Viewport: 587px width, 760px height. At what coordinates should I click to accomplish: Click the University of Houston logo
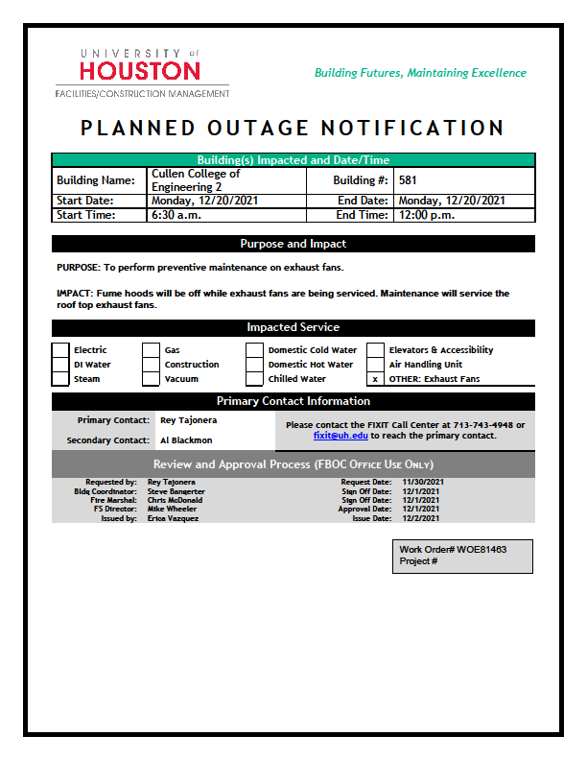(x=141, y=71)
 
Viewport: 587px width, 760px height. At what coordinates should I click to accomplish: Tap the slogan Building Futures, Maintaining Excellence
(x=420, y=73)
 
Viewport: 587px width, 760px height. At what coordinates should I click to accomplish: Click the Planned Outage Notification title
(x=293, y=128)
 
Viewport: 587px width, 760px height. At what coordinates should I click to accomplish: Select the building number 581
(x=408, y=179)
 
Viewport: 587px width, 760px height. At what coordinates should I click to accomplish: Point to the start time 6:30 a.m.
(x=174, y=215)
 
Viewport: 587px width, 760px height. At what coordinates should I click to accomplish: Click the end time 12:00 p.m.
(x=423, y=215)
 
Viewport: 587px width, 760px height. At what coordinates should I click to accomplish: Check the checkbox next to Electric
(x=60, y=350)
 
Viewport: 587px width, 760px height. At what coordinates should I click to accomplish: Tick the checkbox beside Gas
(x=151, y=350)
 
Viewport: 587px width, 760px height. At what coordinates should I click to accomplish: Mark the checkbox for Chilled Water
(x=254, y=379)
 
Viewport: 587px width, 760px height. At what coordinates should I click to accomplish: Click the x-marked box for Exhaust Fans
(x=375, y=379)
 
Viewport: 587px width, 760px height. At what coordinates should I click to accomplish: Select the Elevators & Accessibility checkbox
(x=375, y=350)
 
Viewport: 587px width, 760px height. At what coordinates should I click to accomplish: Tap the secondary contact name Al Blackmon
(x=186, y=440)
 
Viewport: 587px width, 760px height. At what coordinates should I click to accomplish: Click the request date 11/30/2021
(x=423, y=482)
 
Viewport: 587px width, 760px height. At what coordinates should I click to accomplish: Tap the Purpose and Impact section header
(x=293, y=244)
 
